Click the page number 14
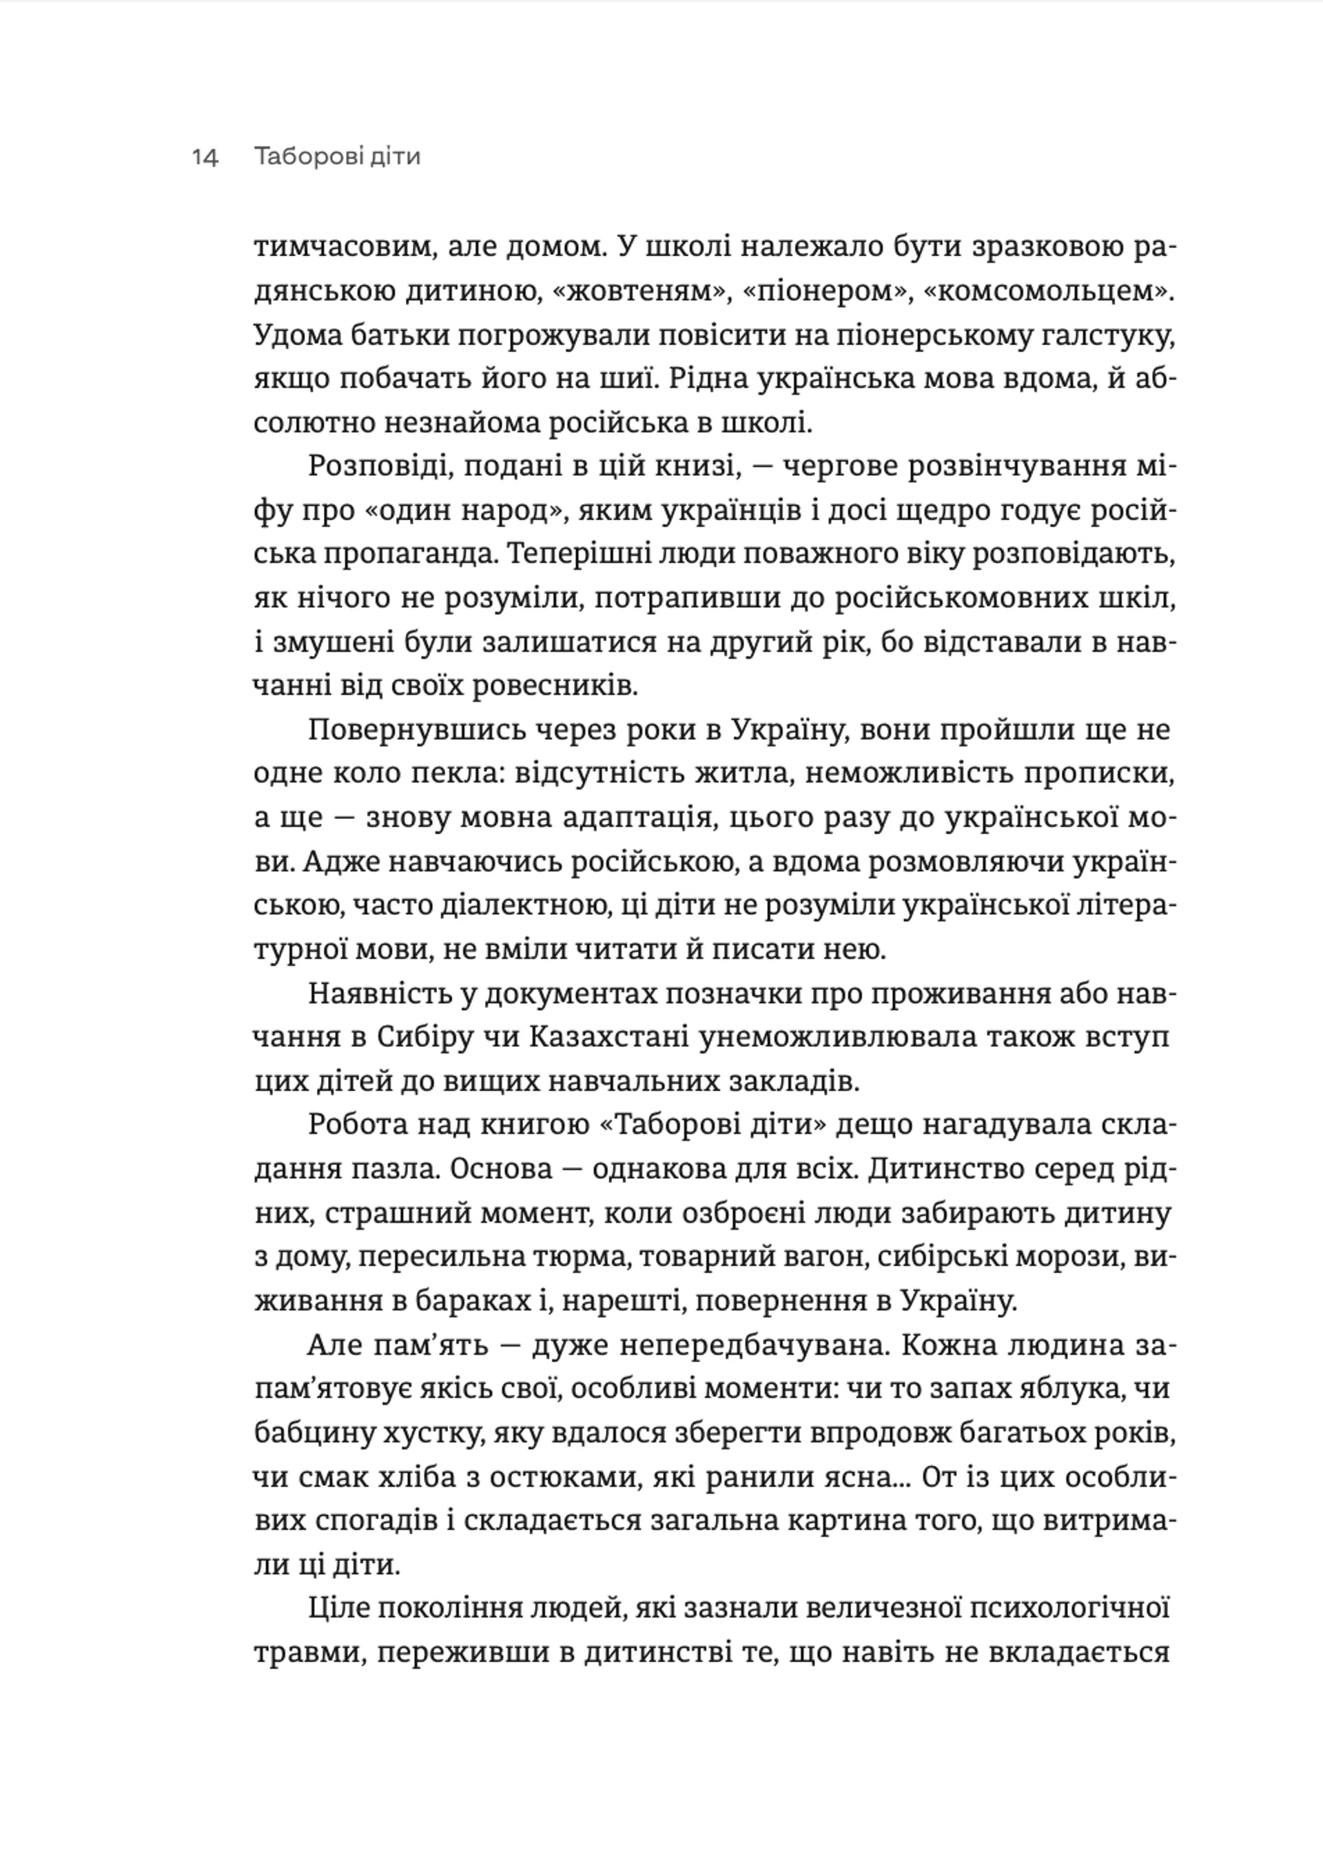205,156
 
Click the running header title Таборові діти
337,156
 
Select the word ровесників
555,686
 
